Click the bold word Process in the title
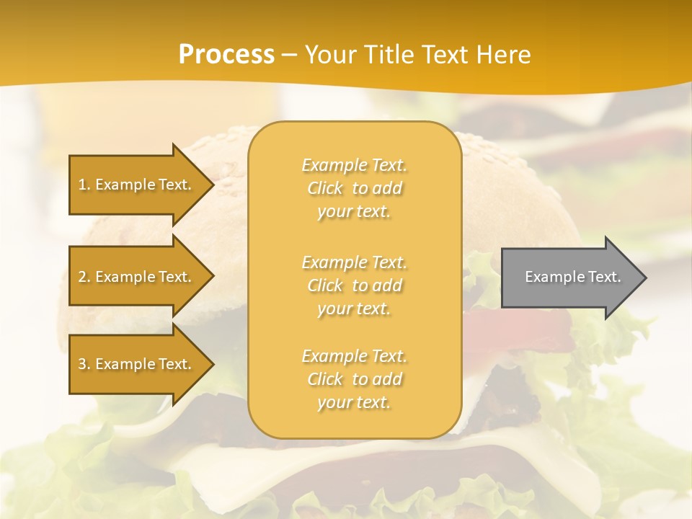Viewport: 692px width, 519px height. coord(226,55)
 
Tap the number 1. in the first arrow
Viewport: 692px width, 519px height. coord(84,185)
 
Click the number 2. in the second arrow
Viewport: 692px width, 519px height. coord(84,277)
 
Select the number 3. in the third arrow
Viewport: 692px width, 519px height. coord(84,364)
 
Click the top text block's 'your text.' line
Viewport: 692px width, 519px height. coord(354,212)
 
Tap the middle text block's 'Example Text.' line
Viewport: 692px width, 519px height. coord(354,262)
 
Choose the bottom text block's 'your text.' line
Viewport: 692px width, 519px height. coord(354,403)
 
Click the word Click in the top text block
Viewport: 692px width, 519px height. coord(325,189)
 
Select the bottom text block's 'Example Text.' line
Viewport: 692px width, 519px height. coord(354,356)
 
